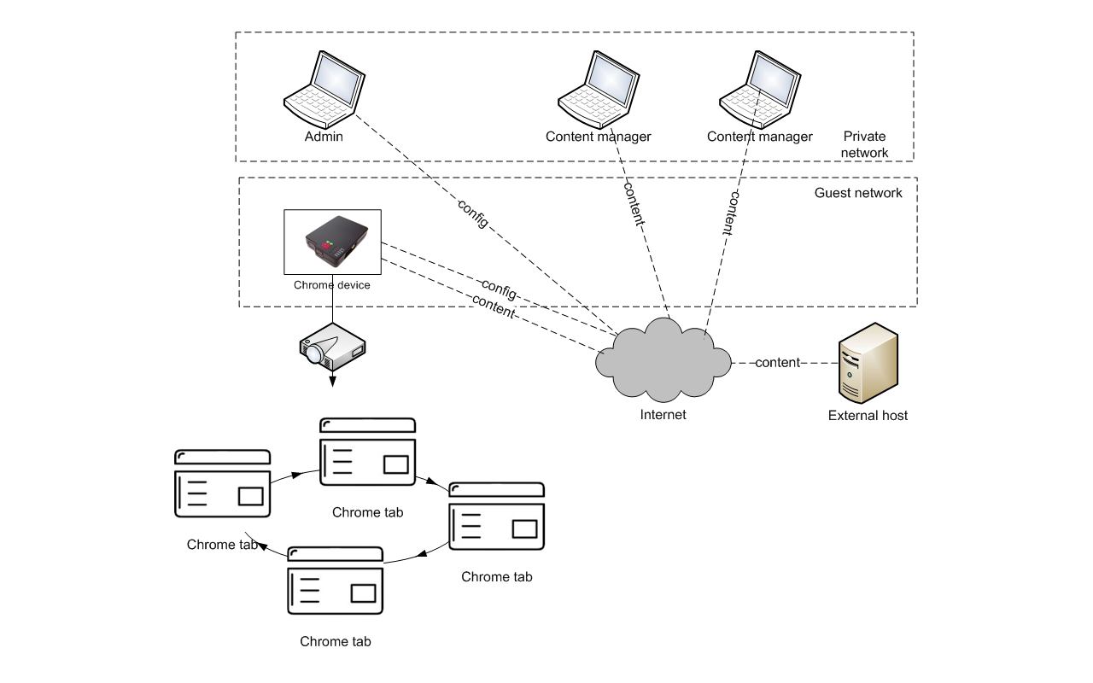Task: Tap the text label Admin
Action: pyautogui.click(x=324, y=137)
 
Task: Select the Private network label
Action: pyautogui.click(x=864, y=144)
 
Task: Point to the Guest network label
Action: pyautogui.click(x=858, y=193)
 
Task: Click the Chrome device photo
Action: pyautogui.click(x=332, y=242)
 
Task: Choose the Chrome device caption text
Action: pyautogui.click(x=332, y=285)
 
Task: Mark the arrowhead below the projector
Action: pyautogui.click(x=332, y=380)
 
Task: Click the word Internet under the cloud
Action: pyautogui.click(x=663, y=415)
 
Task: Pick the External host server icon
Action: pyautogui.click(x=868, y=364)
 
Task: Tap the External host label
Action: pyautogui.click(x=868, y=416)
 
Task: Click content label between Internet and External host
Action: pyautogui.click(x=777, y=363)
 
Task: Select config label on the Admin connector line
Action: pyautogui.click(x=473, y=213)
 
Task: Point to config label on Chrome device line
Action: pyautogui.click(x=499, y=289)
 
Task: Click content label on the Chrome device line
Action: pyautogui.click(x=493, y=307)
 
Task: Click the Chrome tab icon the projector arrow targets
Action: pyautogui.click(x=367, y=453)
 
